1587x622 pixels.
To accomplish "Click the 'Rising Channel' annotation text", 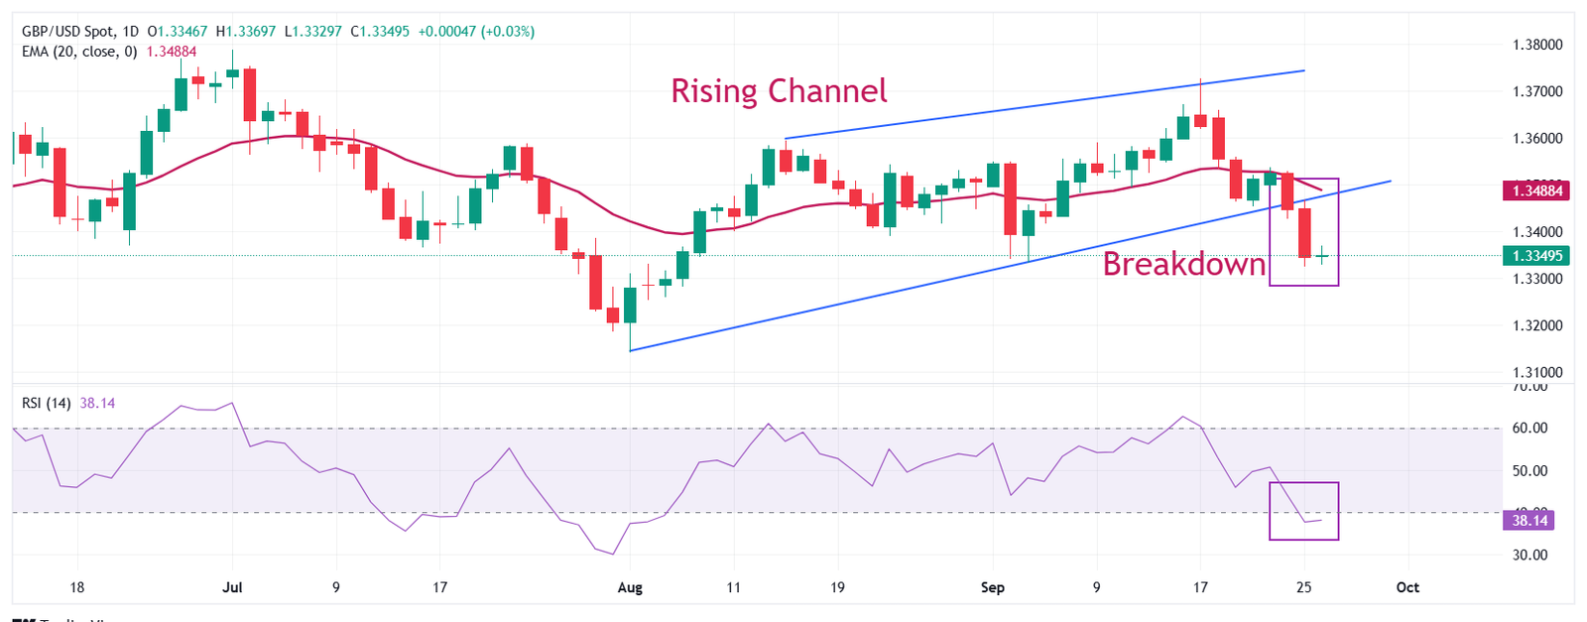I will tap(779, 91).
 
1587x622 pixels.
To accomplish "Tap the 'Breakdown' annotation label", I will tap(1184, 265).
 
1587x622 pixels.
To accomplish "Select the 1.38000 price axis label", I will tap(1536, 45).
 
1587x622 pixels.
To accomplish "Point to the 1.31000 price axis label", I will tap(1536, 373).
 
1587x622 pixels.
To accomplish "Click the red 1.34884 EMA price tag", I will tap(1536, 190).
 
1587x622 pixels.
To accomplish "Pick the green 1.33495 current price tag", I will tap(1536, 256).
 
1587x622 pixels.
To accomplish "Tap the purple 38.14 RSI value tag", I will tap(1528, 520).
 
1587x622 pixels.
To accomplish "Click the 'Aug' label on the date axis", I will tap(630, 587).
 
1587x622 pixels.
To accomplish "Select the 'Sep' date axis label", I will tap(992, 587).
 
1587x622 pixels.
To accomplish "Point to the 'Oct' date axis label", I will tap(1407, 587).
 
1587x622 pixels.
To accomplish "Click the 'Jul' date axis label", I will tap(232, 587).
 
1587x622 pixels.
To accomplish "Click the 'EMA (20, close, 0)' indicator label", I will tap(79, 52).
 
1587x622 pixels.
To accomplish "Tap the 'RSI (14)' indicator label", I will tap(47, 403).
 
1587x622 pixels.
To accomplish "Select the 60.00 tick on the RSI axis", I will tap(1528, 429).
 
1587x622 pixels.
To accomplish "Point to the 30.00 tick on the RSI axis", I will tap(1528, 555).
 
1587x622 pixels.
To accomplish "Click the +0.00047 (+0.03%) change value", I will tap(476, 32).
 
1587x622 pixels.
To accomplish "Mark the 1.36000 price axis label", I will tap(1536, 139).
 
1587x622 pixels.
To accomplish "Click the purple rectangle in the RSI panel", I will tap(1303, 484).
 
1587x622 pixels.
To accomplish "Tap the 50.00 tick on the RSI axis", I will tap(1528, 471).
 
